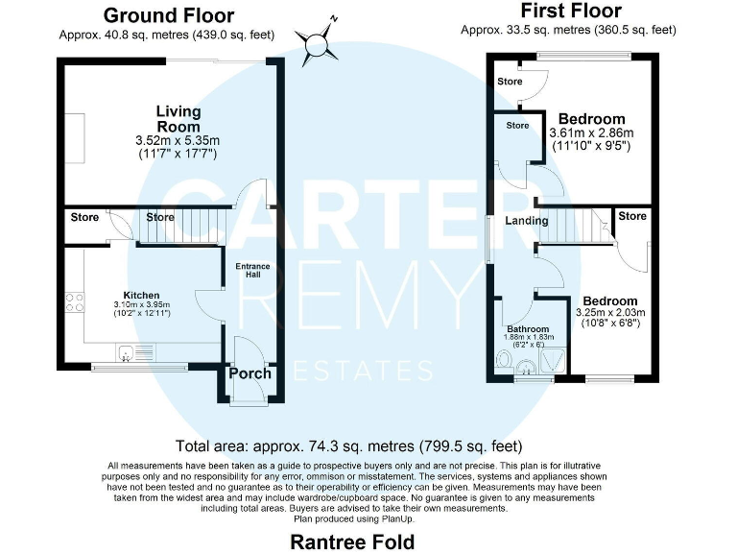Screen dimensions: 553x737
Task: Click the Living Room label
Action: point(178,119)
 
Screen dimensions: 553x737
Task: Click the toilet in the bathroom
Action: point(505,362)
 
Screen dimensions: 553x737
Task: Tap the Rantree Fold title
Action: point(352,541)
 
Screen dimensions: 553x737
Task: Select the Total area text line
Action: point(349,445)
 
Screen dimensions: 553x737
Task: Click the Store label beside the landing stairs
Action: point(631,217)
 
